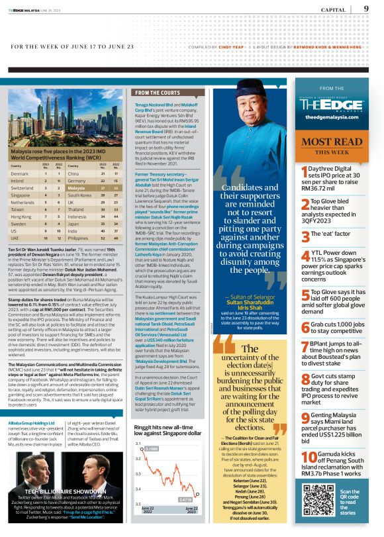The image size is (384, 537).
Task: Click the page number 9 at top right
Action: click(366, 9)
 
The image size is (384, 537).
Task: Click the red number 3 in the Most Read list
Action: click(305, 235)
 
